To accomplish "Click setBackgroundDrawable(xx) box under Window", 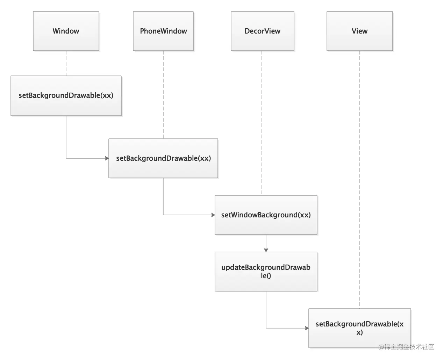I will tap(66, 95).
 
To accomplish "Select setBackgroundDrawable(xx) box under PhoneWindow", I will tap(163, 158).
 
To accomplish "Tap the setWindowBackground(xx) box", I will tap(266, 215).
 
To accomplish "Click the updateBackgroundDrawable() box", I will tap(266, 272).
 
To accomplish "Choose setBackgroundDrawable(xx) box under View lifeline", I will tap(359, 328).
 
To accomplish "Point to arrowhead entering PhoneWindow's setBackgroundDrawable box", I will tap(107, 158).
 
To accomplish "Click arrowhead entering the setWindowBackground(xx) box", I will tap(213, 215).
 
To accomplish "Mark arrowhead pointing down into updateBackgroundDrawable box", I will tap(266, 250).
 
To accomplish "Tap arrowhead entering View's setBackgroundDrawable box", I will tap(307, 328).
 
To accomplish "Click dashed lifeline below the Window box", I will tap(66, 63).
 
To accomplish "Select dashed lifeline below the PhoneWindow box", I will tap(163, 94).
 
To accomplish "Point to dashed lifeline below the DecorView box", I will tap(262, 122).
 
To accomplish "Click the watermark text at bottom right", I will tap(406, 347).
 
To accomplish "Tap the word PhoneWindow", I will tap(163, 31).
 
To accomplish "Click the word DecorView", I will tap(262, 31).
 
